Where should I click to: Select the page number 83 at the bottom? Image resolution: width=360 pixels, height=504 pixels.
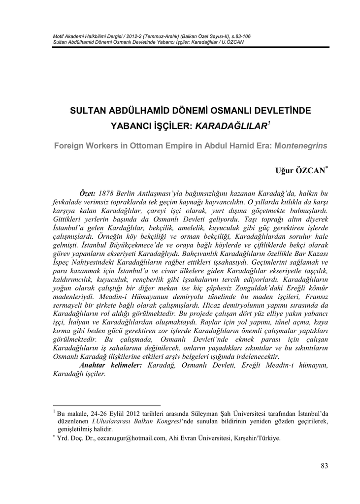[x=324, y=466]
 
